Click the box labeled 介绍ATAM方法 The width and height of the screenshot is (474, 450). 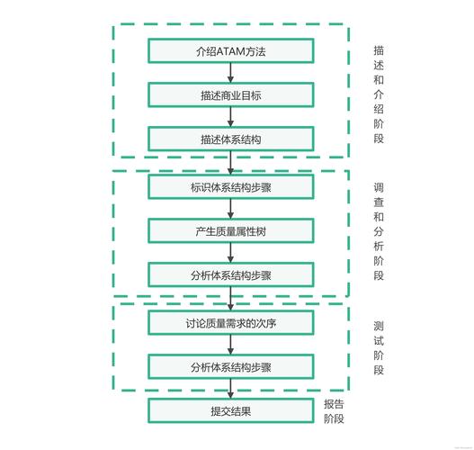coord(230,50)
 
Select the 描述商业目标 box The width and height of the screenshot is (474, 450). coord(230,94)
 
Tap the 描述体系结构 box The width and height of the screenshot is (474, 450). coord(230,139)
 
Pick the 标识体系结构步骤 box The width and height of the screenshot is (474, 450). coord(230,187)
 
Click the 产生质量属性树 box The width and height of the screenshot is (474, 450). coord(230,231)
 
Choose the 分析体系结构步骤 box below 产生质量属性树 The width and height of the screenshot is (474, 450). coord(230,275)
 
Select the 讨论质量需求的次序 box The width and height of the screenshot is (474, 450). coord(230,322)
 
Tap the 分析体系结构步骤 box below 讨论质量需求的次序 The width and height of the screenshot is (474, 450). coord(230,366)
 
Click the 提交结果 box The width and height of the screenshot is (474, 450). coord(230,411)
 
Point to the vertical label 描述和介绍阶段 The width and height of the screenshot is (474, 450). coord(378,95)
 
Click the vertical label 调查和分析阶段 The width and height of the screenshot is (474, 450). coord(378,232)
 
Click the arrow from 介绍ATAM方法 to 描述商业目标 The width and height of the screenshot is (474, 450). coord(230,73)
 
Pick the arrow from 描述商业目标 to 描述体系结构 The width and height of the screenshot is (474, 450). coord(230,117)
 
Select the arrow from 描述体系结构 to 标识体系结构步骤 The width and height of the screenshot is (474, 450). coord(230,163)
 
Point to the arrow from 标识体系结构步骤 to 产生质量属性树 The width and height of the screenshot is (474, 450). coord(230,209)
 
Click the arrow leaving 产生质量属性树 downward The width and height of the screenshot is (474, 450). coord(230,253)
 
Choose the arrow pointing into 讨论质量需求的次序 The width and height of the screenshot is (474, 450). coord(230,299)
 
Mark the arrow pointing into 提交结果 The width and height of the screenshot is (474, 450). coord(230,389)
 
